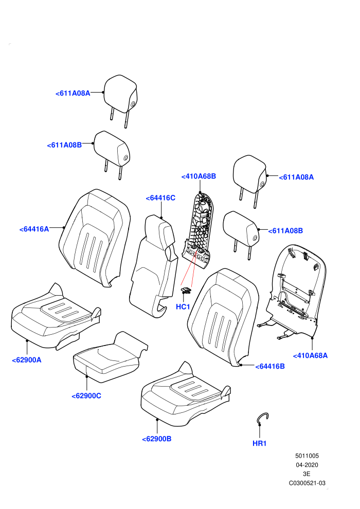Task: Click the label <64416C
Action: pos(160,198)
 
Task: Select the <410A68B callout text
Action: pos(199,176)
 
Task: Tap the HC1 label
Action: pos(183,307)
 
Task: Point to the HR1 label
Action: pos(259,443)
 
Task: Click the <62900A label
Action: pos(27,360)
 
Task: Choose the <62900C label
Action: pos(86,396)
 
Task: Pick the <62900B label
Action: pos(157,439)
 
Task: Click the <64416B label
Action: pos(270,367)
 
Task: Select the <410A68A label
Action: pos(310,355)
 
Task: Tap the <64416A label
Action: pos(34,229)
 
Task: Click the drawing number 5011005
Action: pos(307,456)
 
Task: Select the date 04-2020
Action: pos(307,465)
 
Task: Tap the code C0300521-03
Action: pos(307,483)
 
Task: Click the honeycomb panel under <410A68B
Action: pos(198,229)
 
